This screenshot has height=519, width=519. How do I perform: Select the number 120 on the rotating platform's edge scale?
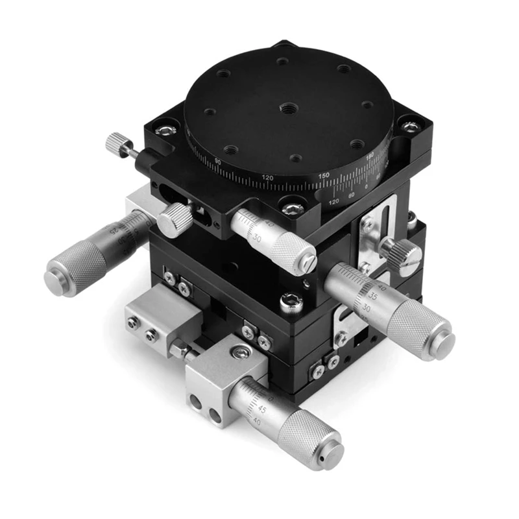(x=267, y=177)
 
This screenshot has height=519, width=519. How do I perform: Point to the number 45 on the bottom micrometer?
(x=261, y=409)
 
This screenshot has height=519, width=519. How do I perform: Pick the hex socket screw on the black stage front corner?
(x=289, y=300)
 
